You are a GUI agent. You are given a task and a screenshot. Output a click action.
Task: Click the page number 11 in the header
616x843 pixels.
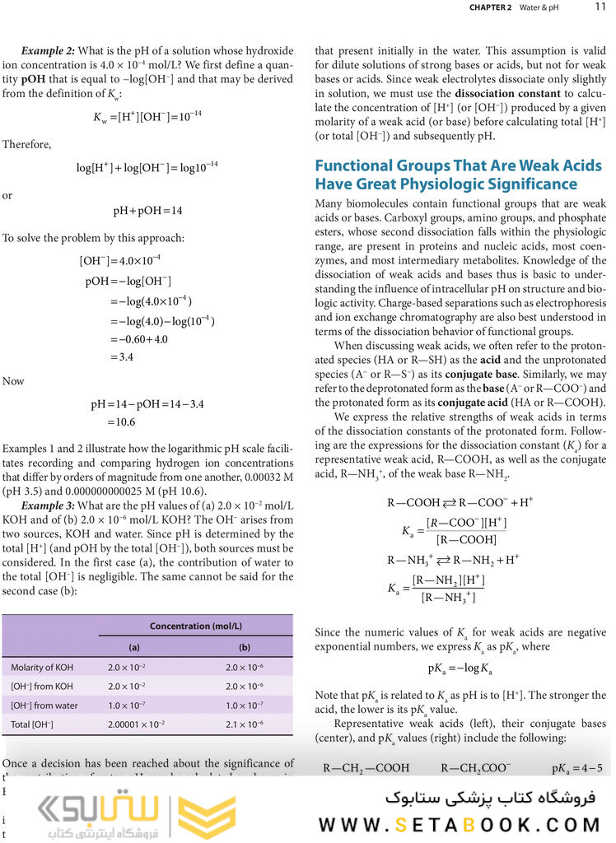click(x=600, y=7)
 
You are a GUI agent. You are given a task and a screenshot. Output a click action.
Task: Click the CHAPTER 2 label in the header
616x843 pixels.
click(x=491, y=7)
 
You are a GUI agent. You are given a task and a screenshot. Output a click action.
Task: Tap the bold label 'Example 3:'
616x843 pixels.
click(x=48, y=504)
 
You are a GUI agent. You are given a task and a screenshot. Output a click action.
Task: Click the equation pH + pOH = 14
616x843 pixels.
click(x=147, y=210)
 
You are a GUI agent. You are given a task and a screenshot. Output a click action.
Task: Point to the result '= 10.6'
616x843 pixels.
click(x=120, y=422)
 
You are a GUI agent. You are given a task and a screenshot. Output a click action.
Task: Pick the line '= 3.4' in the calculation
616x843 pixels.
click(x=120, y=357)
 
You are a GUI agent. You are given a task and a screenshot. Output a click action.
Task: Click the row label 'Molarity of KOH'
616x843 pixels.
click(x=40, y=667)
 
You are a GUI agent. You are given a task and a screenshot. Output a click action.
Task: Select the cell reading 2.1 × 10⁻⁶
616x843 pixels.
click(x=244, y=724)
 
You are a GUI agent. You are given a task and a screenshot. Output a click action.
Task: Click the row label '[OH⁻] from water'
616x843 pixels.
click(x=44, y=705)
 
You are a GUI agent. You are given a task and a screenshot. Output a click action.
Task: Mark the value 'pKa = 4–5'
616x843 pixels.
click(x=576, y=769)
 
